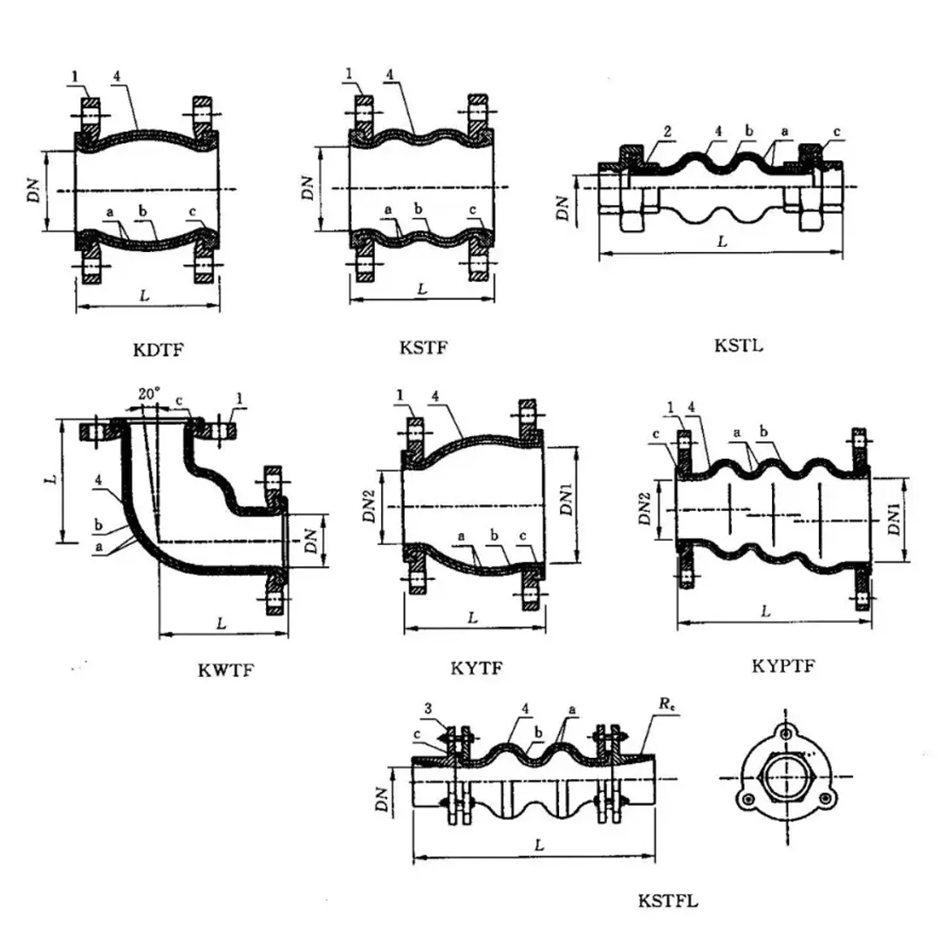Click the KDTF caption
pos(160,351)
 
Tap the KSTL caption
pos(738,345)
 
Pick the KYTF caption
pos(476,669)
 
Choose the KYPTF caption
pos(783,666)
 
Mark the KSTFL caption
pos(668,900)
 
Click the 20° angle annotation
pos(149,393)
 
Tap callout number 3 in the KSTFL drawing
pos(428,707)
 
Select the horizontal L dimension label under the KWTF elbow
pos(222,625)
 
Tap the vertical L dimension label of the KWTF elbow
pos(52,479)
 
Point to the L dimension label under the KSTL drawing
pos(721,242)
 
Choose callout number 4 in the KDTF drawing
pos(116,76)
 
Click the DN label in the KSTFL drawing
pos(382,795)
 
